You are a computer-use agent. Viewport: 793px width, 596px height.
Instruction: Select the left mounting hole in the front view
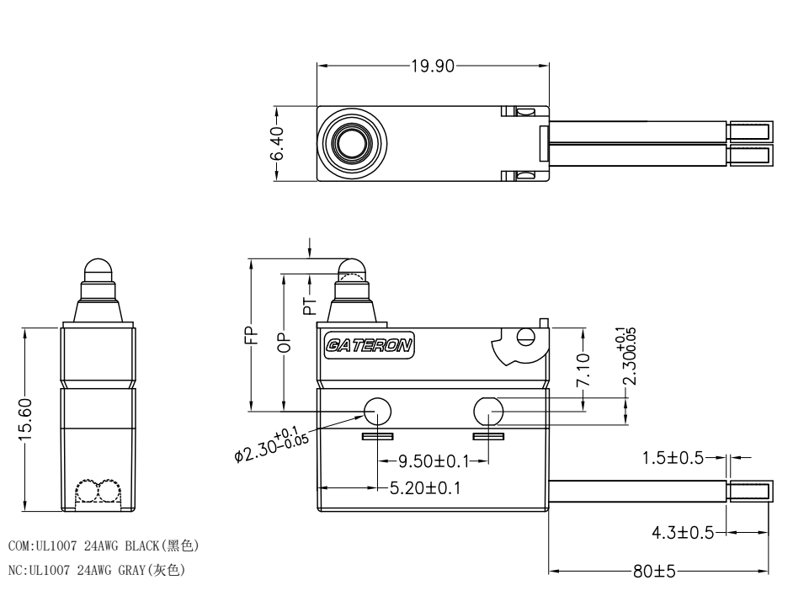[x=378, y=411]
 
